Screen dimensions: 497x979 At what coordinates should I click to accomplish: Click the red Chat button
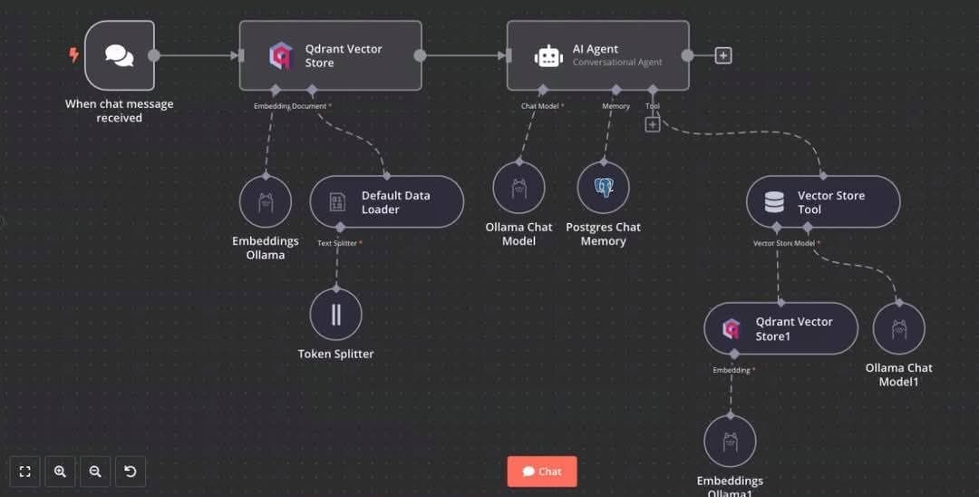pyautogui.click(x=542, y=472)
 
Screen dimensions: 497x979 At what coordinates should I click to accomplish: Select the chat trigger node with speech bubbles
pyautogui.click(x=119, y=55)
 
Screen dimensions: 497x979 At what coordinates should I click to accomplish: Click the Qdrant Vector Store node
pyautogui.click(x=330, y=55)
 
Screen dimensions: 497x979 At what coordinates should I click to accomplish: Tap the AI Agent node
pyautogui.click(x=596, y=55)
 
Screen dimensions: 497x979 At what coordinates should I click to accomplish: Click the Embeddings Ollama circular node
pyautogui.click(x=266, y=201)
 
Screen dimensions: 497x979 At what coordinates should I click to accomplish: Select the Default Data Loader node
pyautogui.click(x=386, y=201)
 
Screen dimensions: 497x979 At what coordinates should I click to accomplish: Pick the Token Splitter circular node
pyautogui.click(x=336, y=315)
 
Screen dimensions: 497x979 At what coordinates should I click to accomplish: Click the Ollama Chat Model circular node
pyautogui.click(x=519, y=189)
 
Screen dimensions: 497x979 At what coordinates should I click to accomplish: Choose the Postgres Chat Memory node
pyautogui.click(x=604, y=189)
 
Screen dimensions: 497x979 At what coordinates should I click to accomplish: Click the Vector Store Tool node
pyautogui.click(x=822, y=201)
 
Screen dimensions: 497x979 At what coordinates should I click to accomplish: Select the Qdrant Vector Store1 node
pyautogui.click(x=780, y=328)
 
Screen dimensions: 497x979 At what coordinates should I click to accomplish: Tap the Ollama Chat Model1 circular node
pyautogui.click(x=898, y=328)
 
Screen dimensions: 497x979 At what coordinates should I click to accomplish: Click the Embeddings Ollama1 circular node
pyautogui.click(x=730, y=442)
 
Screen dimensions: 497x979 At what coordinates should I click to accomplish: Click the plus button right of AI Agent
pyautogui.click(x=722, y=55)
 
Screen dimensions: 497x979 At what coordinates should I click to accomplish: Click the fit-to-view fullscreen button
pyautogui.click(x=25, y=472)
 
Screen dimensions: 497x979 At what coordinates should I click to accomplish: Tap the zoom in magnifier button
pyautogui.click(x=60, y=472)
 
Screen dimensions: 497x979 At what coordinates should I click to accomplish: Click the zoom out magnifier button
pyautogui.click(x=94, y=472)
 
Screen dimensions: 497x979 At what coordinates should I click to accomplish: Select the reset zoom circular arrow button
pyautogui.click(x=130, y=472)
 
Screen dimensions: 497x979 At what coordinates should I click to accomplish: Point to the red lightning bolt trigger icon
pyautogui.click(x=74, y=55)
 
